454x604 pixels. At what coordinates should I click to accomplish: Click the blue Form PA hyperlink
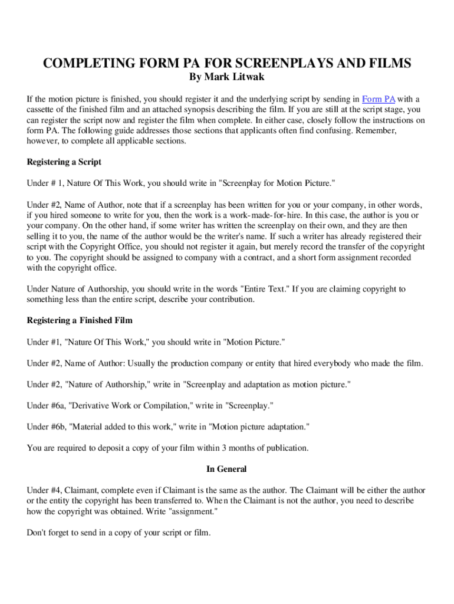tap(378, 99)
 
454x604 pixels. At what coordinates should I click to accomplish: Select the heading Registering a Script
tap(64, 162)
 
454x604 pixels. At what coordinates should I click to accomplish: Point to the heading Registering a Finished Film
tap(80, 320)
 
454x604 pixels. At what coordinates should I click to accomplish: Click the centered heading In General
tap(226, 469)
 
